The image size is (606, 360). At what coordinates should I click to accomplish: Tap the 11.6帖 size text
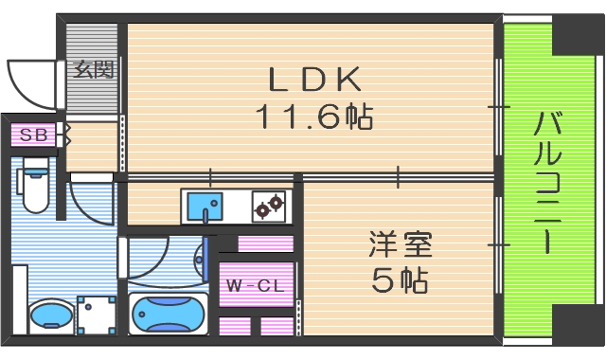click(312, 117)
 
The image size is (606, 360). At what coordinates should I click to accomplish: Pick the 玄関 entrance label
click(94, 68)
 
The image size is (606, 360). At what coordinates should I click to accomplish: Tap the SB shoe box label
click(33, 135)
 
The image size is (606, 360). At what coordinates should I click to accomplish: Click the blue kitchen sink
click(204, 205)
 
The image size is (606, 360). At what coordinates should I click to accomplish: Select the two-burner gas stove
click(268, 205)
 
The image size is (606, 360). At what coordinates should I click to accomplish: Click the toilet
click(35, 189)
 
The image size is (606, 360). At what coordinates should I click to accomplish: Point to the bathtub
click(168, 314)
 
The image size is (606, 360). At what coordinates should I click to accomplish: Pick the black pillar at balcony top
click(577, 33)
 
